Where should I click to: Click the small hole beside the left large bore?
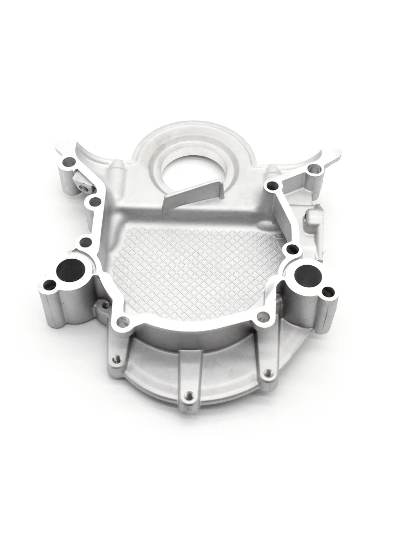49,285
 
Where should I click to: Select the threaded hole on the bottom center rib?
189,397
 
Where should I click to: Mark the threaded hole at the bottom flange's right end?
268,372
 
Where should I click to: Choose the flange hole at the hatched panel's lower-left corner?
123,322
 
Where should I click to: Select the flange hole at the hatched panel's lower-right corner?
262,317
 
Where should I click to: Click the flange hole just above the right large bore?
292,249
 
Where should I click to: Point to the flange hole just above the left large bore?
84,242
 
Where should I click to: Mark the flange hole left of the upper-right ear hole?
273,186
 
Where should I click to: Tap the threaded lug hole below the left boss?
106,305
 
